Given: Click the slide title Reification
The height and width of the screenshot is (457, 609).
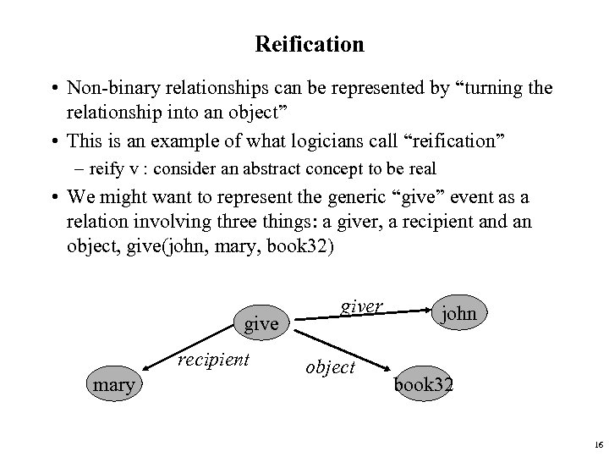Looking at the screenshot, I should [x=308, y=44].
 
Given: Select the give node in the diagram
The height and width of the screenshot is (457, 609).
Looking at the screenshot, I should [x=261, y=323].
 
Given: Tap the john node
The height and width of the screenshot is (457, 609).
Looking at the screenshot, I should [x=458, y=314].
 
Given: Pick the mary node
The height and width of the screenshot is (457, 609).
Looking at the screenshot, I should [x=115, y=385].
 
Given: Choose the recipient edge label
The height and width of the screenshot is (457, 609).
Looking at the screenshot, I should [x=214, y=360].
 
